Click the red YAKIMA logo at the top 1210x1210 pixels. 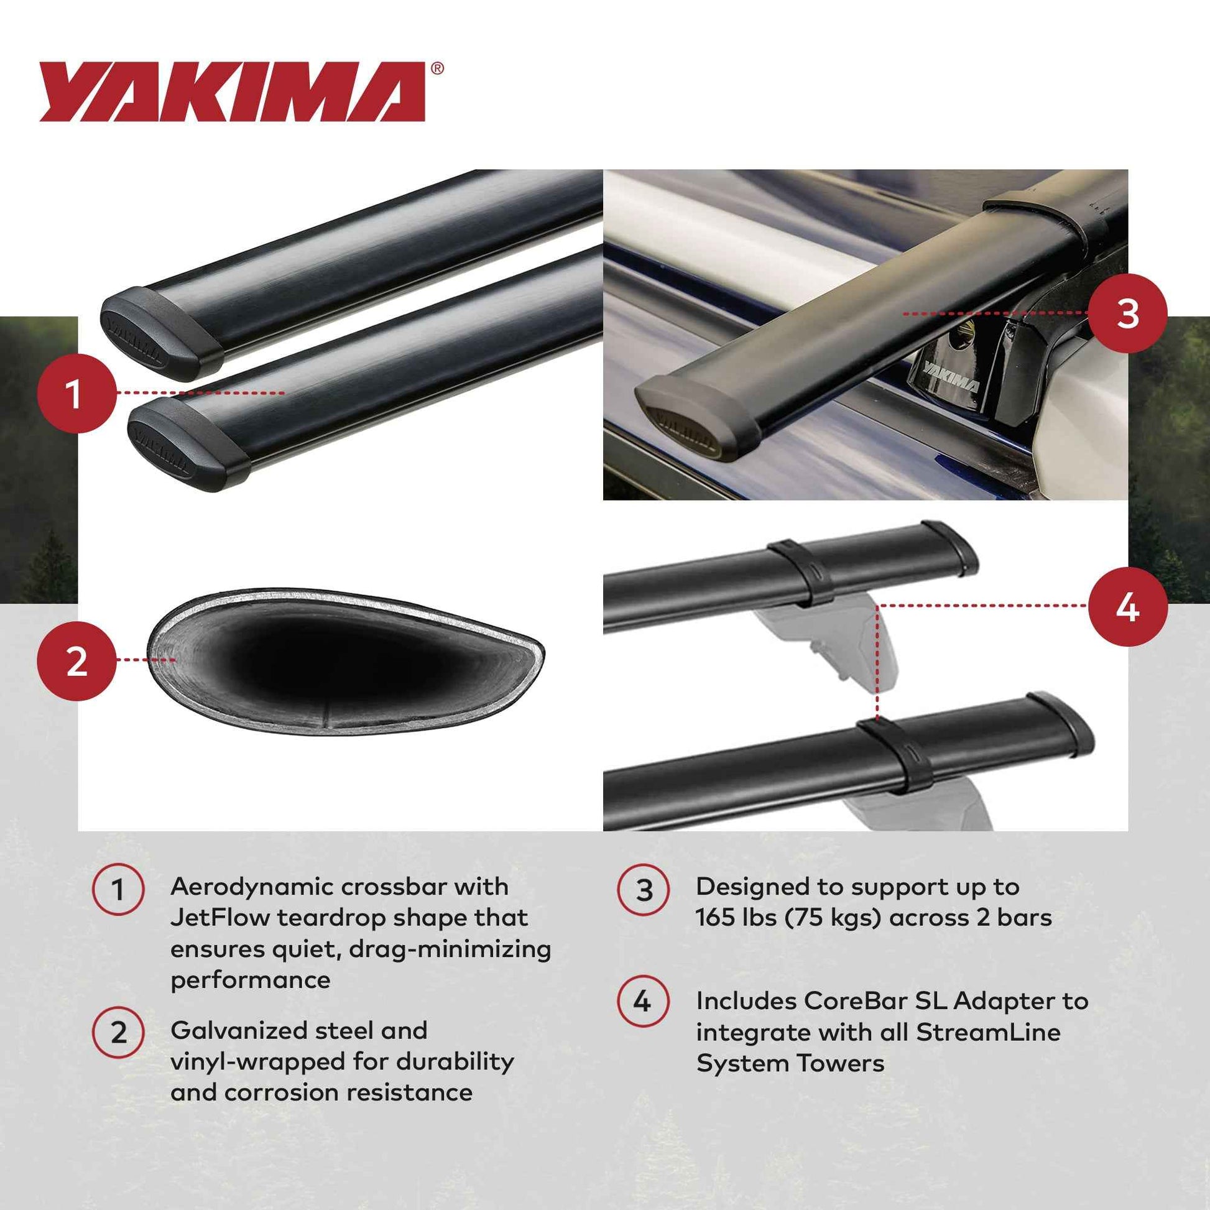point(232,91)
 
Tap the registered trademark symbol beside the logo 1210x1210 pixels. point(437,68)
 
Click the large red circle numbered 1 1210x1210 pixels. point(76,394)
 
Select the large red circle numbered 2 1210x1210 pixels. point(76,661)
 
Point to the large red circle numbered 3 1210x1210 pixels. point(1127,313)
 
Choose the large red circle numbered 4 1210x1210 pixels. point(1127,606)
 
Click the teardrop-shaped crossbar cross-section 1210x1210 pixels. point(344,661)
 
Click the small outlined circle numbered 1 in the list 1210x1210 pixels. point(118,890)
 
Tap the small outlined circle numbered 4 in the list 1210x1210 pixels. point(642,1002)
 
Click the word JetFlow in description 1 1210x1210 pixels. point(220,918)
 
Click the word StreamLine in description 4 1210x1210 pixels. point(987,1032)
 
